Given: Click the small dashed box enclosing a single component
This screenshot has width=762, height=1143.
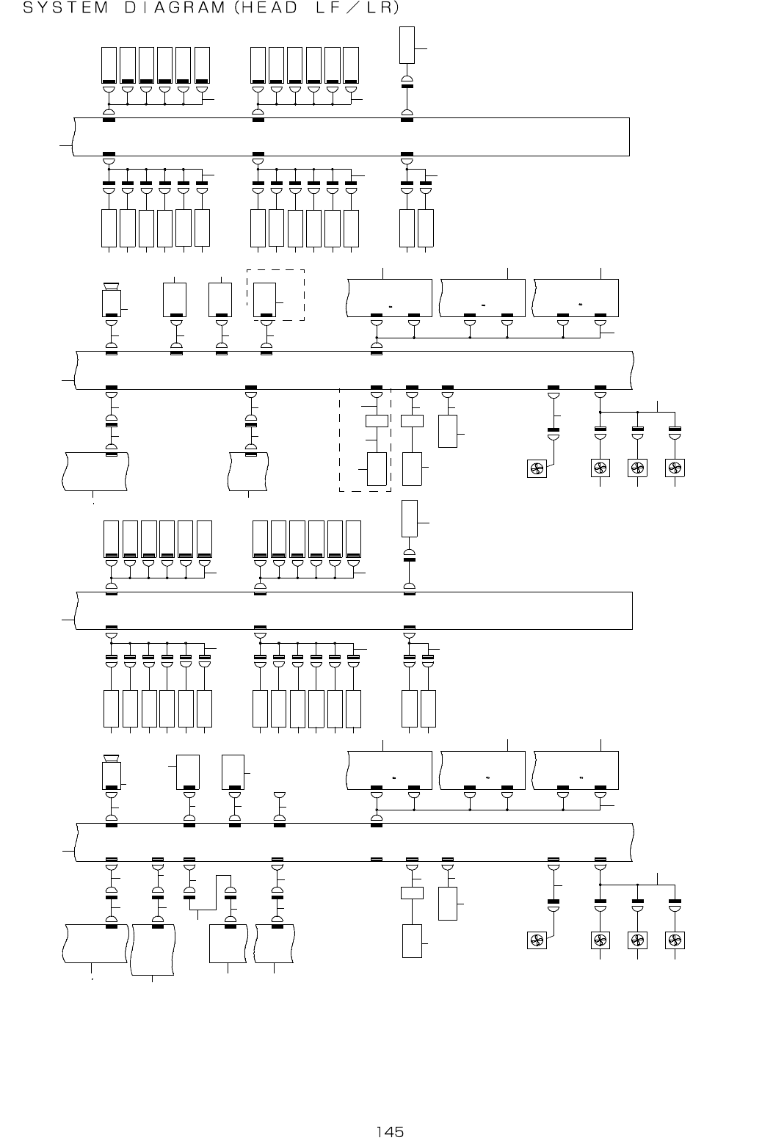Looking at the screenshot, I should (x=275, y=295).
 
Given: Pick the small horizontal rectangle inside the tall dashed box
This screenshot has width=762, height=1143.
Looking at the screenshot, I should (x=377, y=421).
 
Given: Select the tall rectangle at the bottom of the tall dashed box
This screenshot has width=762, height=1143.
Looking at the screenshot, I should (x=377, y=469).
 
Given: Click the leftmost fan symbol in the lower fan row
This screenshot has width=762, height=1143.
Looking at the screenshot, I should (x=537, y=940).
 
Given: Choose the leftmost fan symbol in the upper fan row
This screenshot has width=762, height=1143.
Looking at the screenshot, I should (x=537, y=468).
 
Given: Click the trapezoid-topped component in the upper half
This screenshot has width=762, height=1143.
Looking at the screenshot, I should (x=112, y=300).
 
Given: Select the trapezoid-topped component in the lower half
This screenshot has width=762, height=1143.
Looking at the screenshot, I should (x=112, y=774).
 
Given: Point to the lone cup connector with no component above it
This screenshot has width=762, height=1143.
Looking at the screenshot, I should (x=279, y=796).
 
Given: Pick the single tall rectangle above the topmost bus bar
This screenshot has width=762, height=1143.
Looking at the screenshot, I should (x=407, y=45).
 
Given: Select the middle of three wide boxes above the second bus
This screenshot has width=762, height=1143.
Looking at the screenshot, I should (x=482, y=298).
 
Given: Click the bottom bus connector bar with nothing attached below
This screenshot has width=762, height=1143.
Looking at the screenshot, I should (x=377, y=859).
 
